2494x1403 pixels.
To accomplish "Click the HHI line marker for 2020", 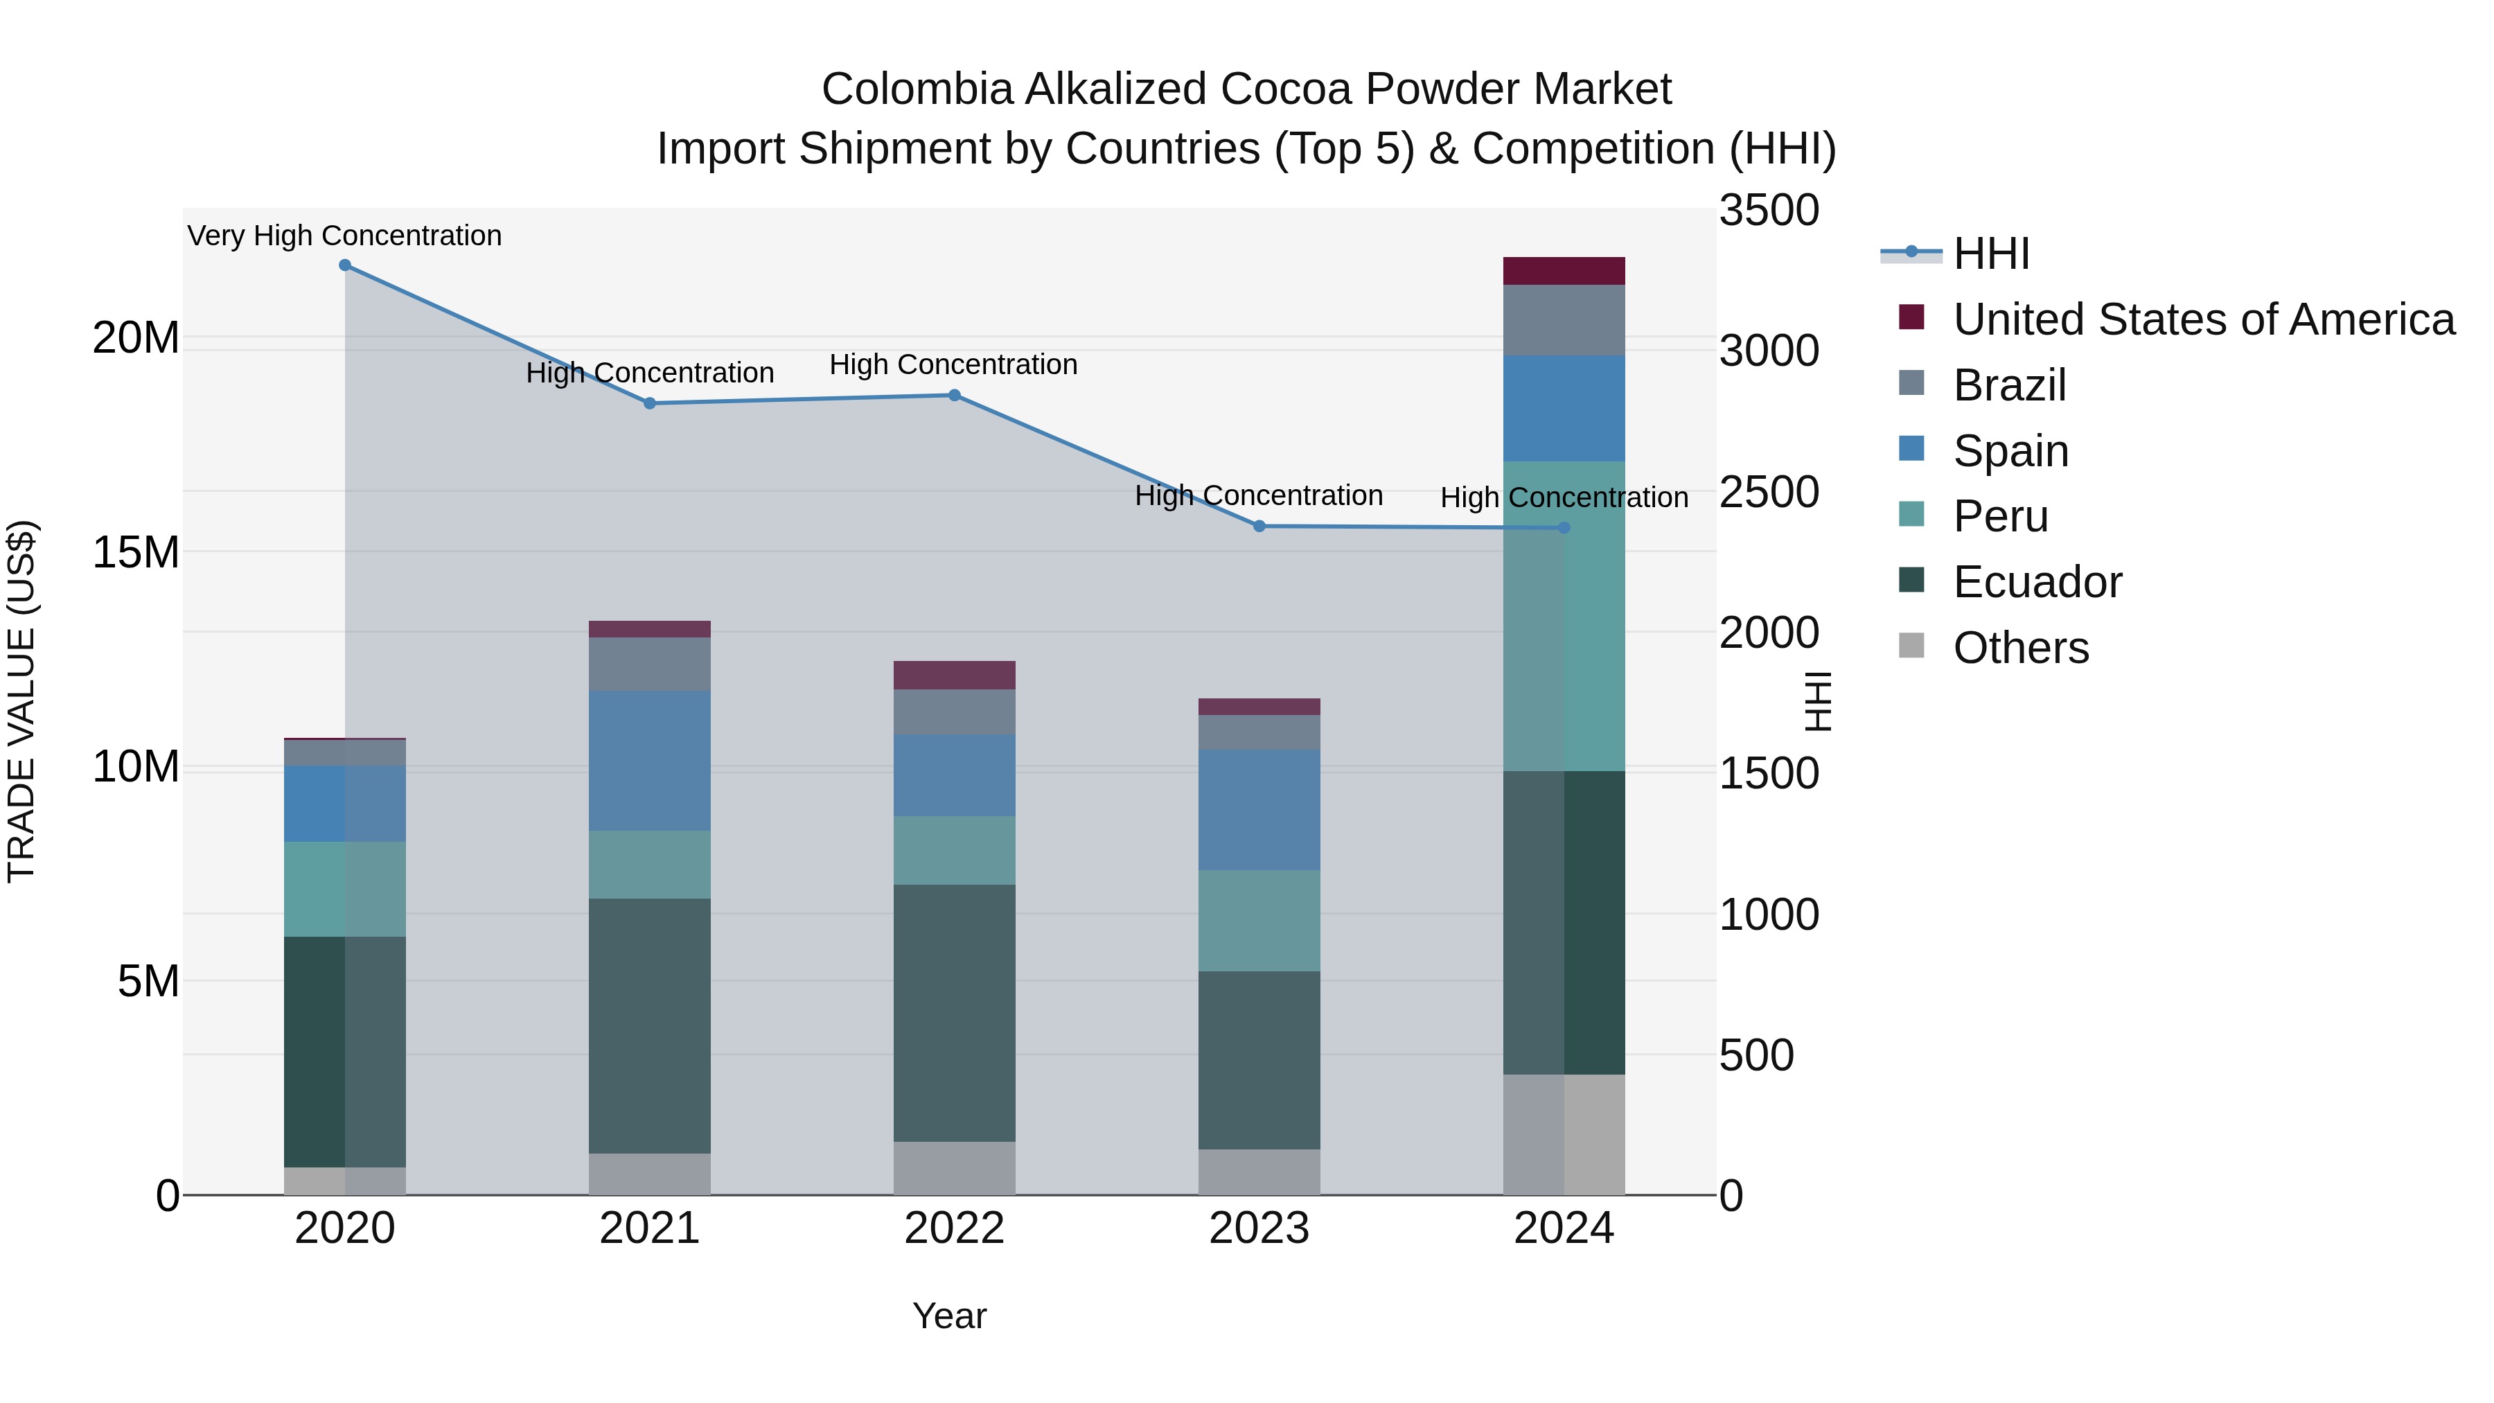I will click(x=345, y=265).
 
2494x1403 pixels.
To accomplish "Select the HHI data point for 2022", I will click(x=954, y=395).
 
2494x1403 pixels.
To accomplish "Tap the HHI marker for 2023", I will click(x=1259, y=527).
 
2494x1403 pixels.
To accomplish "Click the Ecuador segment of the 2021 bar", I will click(x=650, y=1025).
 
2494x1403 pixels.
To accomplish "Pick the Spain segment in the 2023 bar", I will click(x=1259, y=809).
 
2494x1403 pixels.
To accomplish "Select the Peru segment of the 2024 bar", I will click(x=1564, y=616).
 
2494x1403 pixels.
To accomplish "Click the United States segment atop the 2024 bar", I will click(x=1564, y=271).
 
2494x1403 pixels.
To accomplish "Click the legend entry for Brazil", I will click(x=2009, y=385).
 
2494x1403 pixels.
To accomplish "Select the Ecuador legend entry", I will click(x=2036, y=582).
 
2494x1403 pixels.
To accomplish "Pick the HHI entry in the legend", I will click(x=1990, y=254).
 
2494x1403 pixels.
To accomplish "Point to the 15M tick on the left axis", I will click(x=136, y=552).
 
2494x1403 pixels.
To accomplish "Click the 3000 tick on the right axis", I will click(x=1769, y=351).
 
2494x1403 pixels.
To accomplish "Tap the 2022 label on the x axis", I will click(x=954, y=1228).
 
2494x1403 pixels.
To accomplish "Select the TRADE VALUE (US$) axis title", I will click(x=21, y=701).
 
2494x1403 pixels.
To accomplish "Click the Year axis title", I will click(x=949, y=1316).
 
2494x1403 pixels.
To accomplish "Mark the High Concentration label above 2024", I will click(x=1564, y=497).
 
